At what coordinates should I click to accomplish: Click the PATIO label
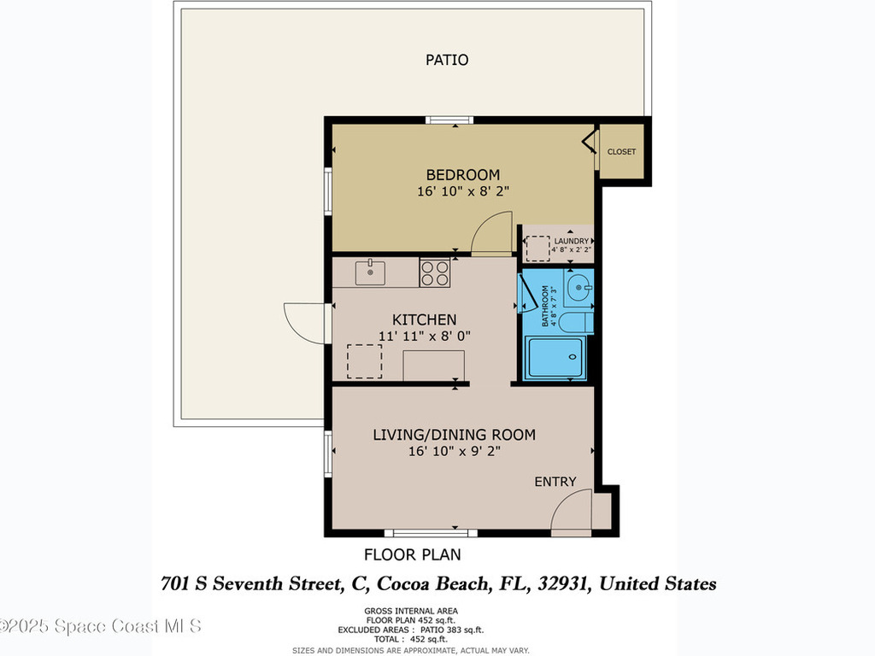[447, 61]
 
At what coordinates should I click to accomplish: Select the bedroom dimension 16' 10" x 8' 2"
[462, 192]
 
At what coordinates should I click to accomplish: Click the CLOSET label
[621, 152]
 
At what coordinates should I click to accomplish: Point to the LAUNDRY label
[571, 242]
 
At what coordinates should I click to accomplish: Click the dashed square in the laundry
[537, 248]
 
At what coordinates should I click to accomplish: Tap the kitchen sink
[370, 273]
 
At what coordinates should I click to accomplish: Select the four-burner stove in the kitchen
[434, 273]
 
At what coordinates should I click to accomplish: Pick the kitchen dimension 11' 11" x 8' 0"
[424, 337]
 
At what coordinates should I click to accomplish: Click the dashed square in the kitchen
[364, 361]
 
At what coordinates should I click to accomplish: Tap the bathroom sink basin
[580, 289]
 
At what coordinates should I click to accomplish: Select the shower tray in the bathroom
[555, 357]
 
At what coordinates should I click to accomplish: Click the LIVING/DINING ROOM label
[454, 435]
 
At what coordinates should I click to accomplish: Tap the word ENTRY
[555, 482]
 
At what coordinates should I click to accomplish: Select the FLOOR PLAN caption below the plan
[413, 554]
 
